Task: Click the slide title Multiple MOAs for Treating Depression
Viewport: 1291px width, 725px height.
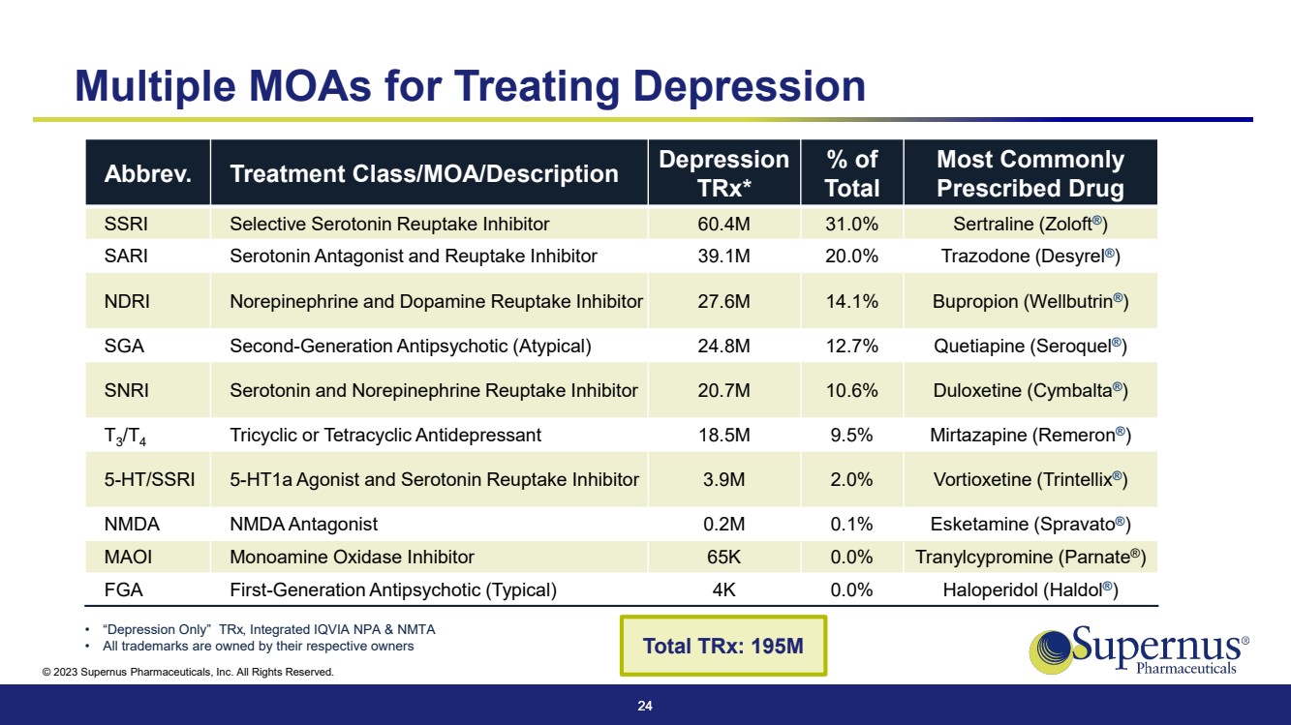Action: pyautogui.click(x=470, y=85)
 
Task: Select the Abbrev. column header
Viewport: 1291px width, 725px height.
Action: pyautogui.click(x=147, y=174)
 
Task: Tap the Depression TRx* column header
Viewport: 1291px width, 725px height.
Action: pyautogui.click(x=723, y=173)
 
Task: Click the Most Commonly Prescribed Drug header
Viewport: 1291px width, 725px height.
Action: pyautogui.click(x=1030, y=173)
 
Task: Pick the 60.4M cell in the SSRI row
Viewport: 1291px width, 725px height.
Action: pyautogui.click(x=723, y=225)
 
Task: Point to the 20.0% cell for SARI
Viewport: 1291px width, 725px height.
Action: pyautogui.click(x=852, y=257)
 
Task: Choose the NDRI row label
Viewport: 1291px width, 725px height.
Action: pyautogui.click(x=127, y=301)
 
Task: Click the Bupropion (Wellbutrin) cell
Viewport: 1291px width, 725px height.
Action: pyautogui.click(x=1030, y=301)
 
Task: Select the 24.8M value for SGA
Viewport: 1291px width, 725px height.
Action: pyautogui.click(x=723, y=346)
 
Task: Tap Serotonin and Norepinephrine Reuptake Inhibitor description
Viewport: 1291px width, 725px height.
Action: pyautogui.click(x=433, y=391)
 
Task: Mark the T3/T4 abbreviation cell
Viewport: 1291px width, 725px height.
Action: pyautogui.click(x=125, y=437)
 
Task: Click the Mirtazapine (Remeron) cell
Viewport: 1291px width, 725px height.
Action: pyautogui.click(x=1030, y=436)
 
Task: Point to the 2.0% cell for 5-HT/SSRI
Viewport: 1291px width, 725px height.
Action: pyautogui.click(x=852, y=479)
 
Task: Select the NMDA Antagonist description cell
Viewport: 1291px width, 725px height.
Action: pyautogui.click(x=303, y=525)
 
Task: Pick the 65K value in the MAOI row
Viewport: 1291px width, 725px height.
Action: pyautogui.click(x=723, y=557)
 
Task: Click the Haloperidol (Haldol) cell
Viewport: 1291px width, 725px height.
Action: pyautogui.click(x=1030, y=589)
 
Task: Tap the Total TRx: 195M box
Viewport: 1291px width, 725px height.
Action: pyautogui.click(x=722, y=646)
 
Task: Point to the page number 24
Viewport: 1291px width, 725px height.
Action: pyautogui.click(x=645, y=707)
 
